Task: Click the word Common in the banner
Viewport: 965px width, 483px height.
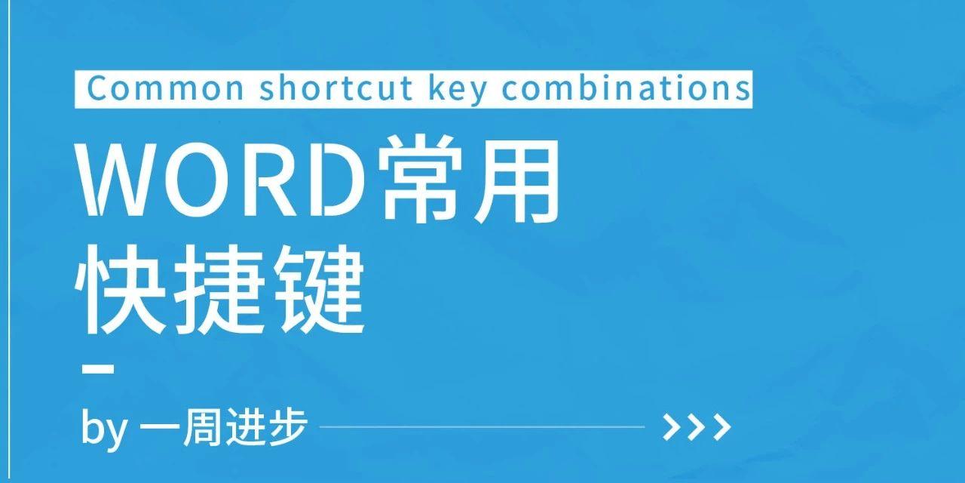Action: click(x=165, y=88)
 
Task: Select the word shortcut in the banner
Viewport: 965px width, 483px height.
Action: click(x=335, y=88)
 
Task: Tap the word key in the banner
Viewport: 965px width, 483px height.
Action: click(x=458, y=90)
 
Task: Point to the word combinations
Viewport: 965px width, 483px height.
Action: click(x=626, y=88)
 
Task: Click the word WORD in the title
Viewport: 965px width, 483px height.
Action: click(x=221, y=179)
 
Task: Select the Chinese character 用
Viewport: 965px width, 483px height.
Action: click(x=516, y=180)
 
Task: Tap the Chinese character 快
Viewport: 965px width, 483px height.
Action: click(x=120, y=289)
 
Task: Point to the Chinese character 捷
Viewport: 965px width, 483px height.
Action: click(x=219, y=289)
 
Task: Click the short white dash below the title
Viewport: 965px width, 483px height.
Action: click(x=98, y=369)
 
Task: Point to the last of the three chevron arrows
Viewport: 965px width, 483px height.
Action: click(x=722, y=427)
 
